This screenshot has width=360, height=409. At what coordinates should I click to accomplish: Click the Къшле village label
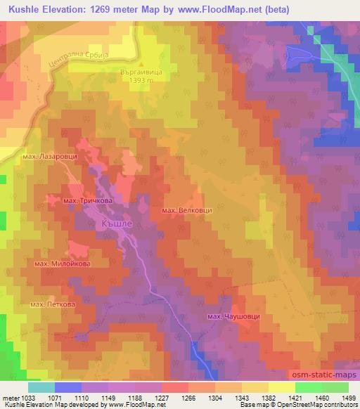pos(112,223)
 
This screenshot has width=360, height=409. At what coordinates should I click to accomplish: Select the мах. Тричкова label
pos(88,201)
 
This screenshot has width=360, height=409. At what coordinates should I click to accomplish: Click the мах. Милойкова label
pos(62,264)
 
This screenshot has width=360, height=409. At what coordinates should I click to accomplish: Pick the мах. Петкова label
pos(53,304)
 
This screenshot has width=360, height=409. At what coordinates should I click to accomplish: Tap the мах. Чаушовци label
pos(233,317)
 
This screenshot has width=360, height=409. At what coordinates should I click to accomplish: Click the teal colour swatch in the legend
pos(41,387)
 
